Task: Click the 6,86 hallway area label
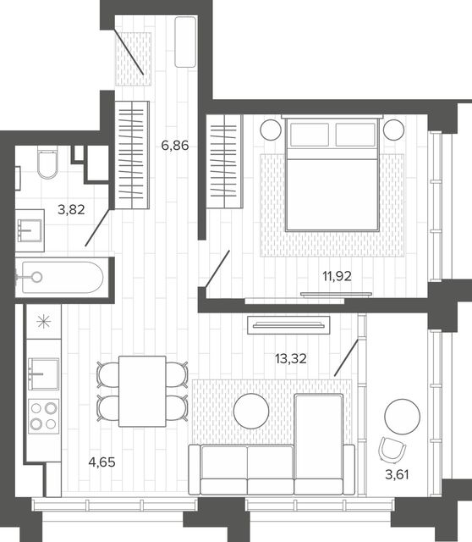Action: pyautogui.click(x=175, y=146)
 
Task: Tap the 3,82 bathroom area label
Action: pyautogui.click(x=71, y=209)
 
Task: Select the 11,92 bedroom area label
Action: pyautogui.click(x=337, y=276)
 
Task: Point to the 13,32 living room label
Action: pyautogui.click(x=291, y=359)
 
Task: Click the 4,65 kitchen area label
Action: pyautogui.click(x=102, y=462)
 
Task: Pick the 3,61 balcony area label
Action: pyautogui.click(x=397, y=474)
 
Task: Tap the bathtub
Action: pyautogui.click(x=62, y=277)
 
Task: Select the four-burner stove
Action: pyautogui.click(x=43, y=417)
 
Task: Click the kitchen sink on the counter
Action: pyautogui.click(x=43, y=374)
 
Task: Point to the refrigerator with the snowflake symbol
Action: pyautogui.click(x=44, y=322)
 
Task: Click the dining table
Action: pyautogui.click(x=142, y=391)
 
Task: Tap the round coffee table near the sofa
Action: pyautogui.click(x=251, y=411)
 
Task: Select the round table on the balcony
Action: pyautogui.click(x=403, y=417)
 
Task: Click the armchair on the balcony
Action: pyautogui.click(x=392, y=450)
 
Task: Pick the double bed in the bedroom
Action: pyautogui.click(x=332, y=174)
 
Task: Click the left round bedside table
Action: pyautogui.click(x=271, y=130)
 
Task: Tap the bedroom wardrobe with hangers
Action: pyautogui.click(x=224, y=162)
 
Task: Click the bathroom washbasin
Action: pyautogui.click(x=30, y=230)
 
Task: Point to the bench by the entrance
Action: pyautogui.click(x=185, y=41)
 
